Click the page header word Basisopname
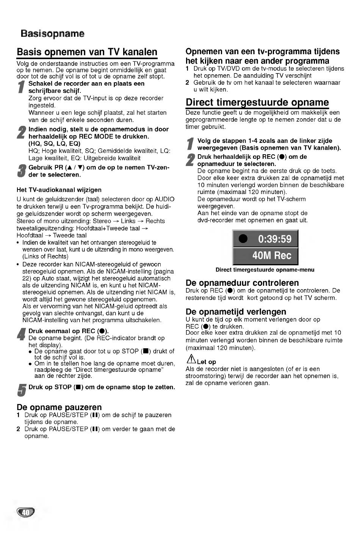[52, 34]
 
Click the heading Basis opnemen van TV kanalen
[87, 52]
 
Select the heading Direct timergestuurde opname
[257, 102]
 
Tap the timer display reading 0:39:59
[275, 239]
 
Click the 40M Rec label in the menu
[271, 255]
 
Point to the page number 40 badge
[25, 512]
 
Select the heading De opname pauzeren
[59, 407]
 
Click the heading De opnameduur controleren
[242, 283]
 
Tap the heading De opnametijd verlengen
[236, 312]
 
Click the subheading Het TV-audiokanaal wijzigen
[59, 189]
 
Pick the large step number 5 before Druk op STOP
[22, 390]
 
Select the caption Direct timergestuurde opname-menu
[265, 270]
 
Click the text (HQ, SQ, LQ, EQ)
[54, 144]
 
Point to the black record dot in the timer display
[243, 239]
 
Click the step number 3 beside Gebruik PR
[22, 171]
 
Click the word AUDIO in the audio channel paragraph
[164, 199]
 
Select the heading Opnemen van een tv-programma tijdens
[262, 52]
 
